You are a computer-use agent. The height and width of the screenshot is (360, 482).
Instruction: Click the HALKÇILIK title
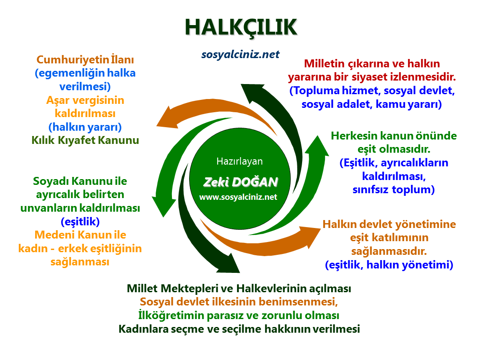[241, 27]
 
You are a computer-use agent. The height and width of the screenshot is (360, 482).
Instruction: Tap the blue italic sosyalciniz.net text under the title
[241, 55]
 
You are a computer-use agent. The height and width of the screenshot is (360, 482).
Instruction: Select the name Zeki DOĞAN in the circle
[241, 182]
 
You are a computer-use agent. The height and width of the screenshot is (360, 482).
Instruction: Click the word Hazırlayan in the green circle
[239, 161]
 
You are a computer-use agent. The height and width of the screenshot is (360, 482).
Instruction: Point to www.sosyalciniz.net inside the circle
[238, 197]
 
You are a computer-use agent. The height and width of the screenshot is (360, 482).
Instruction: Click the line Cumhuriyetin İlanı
[85, 59]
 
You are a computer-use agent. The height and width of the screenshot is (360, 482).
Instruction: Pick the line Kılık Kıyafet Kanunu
[85, 140]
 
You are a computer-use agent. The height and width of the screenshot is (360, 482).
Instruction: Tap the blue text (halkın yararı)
[85, 127]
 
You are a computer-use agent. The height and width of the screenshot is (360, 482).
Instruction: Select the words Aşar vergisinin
[85, 100]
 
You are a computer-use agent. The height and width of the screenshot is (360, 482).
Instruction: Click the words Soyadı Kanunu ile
[80, 181]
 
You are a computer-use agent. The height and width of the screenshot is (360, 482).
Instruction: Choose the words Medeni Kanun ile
[80, 235]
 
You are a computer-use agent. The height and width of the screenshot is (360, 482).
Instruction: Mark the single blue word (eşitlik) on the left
[80, 221]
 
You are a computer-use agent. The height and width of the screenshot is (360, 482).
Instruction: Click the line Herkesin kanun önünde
[394, 136]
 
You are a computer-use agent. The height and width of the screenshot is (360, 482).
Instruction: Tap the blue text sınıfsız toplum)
[394, 190]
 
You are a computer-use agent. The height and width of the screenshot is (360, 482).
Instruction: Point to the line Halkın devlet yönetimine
[389, 224]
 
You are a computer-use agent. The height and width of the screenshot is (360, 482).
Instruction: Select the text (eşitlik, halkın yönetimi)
[389, 265]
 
